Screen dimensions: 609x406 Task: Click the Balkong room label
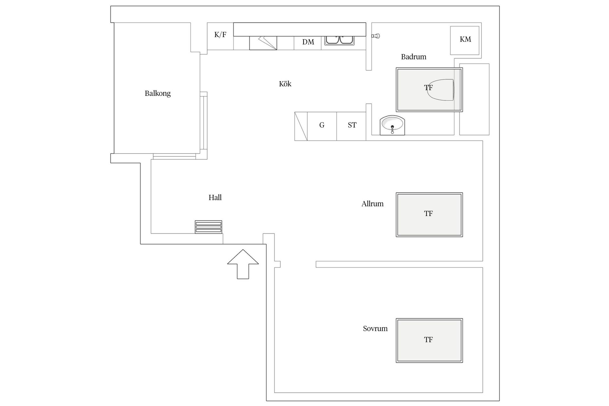(158, 93)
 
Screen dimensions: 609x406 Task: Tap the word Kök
(285, 84)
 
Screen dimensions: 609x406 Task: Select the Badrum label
(414, 57)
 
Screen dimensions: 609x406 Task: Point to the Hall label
(215, 197)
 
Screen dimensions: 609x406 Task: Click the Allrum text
(372, 204)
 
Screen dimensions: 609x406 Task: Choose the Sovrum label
(375, 329)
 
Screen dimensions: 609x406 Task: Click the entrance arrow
(243, 264)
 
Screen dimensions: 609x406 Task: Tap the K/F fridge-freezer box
(220, 36)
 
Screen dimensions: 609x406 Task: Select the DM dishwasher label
(308, 42)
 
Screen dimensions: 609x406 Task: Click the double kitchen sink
(339, 40)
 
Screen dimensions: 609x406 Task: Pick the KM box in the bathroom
(465, 40)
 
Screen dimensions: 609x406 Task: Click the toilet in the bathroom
(441, 90)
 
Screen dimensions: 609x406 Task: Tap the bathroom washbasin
(392, 125)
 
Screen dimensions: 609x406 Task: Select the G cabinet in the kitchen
(322, 126)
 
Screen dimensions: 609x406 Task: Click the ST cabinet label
(352, 125)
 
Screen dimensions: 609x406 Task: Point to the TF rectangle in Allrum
(429, 215)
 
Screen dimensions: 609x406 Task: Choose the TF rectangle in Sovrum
(429, 341)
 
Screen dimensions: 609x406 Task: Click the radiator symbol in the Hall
(208, 227)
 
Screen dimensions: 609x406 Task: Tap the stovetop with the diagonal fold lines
(263, 43)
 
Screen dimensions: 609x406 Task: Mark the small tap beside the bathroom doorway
(376, 36)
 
